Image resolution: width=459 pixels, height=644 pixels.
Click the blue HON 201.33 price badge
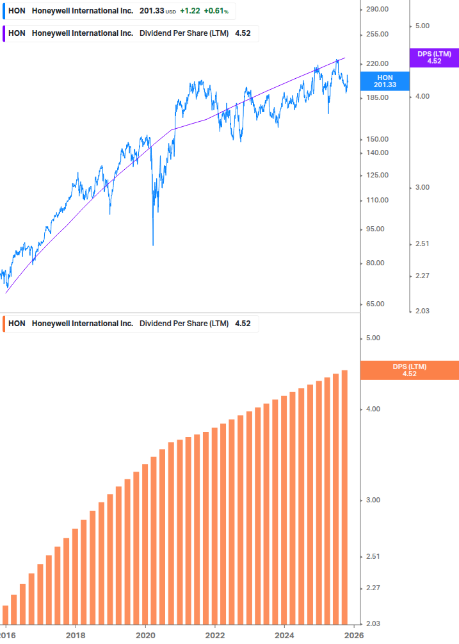point(385,81)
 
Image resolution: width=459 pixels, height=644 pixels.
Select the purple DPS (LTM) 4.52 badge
point(434,58)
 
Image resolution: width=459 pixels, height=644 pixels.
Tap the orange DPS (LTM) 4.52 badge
point(410,370)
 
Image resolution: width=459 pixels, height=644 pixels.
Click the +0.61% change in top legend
point(216,11)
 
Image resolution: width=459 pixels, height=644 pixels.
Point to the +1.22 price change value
point(189,11)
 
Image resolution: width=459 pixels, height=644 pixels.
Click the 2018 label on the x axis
point(76,634)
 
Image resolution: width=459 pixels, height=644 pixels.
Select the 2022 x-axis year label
point(215,634)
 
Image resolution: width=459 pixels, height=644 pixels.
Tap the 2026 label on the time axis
point(354,634)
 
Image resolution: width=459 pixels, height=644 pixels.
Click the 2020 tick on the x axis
point(145,634)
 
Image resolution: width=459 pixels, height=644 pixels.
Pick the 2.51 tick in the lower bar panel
point(372,556)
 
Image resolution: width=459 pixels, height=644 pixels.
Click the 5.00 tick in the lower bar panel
point(372,338)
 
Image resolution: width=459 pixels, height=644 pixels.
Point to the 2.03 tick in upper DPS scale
point(422,311)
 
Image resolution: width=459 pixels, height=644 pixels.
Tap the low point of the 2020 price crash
point(152,245)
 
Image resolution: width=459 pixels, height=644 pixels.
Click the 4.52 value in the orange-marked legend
point(243,324)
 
